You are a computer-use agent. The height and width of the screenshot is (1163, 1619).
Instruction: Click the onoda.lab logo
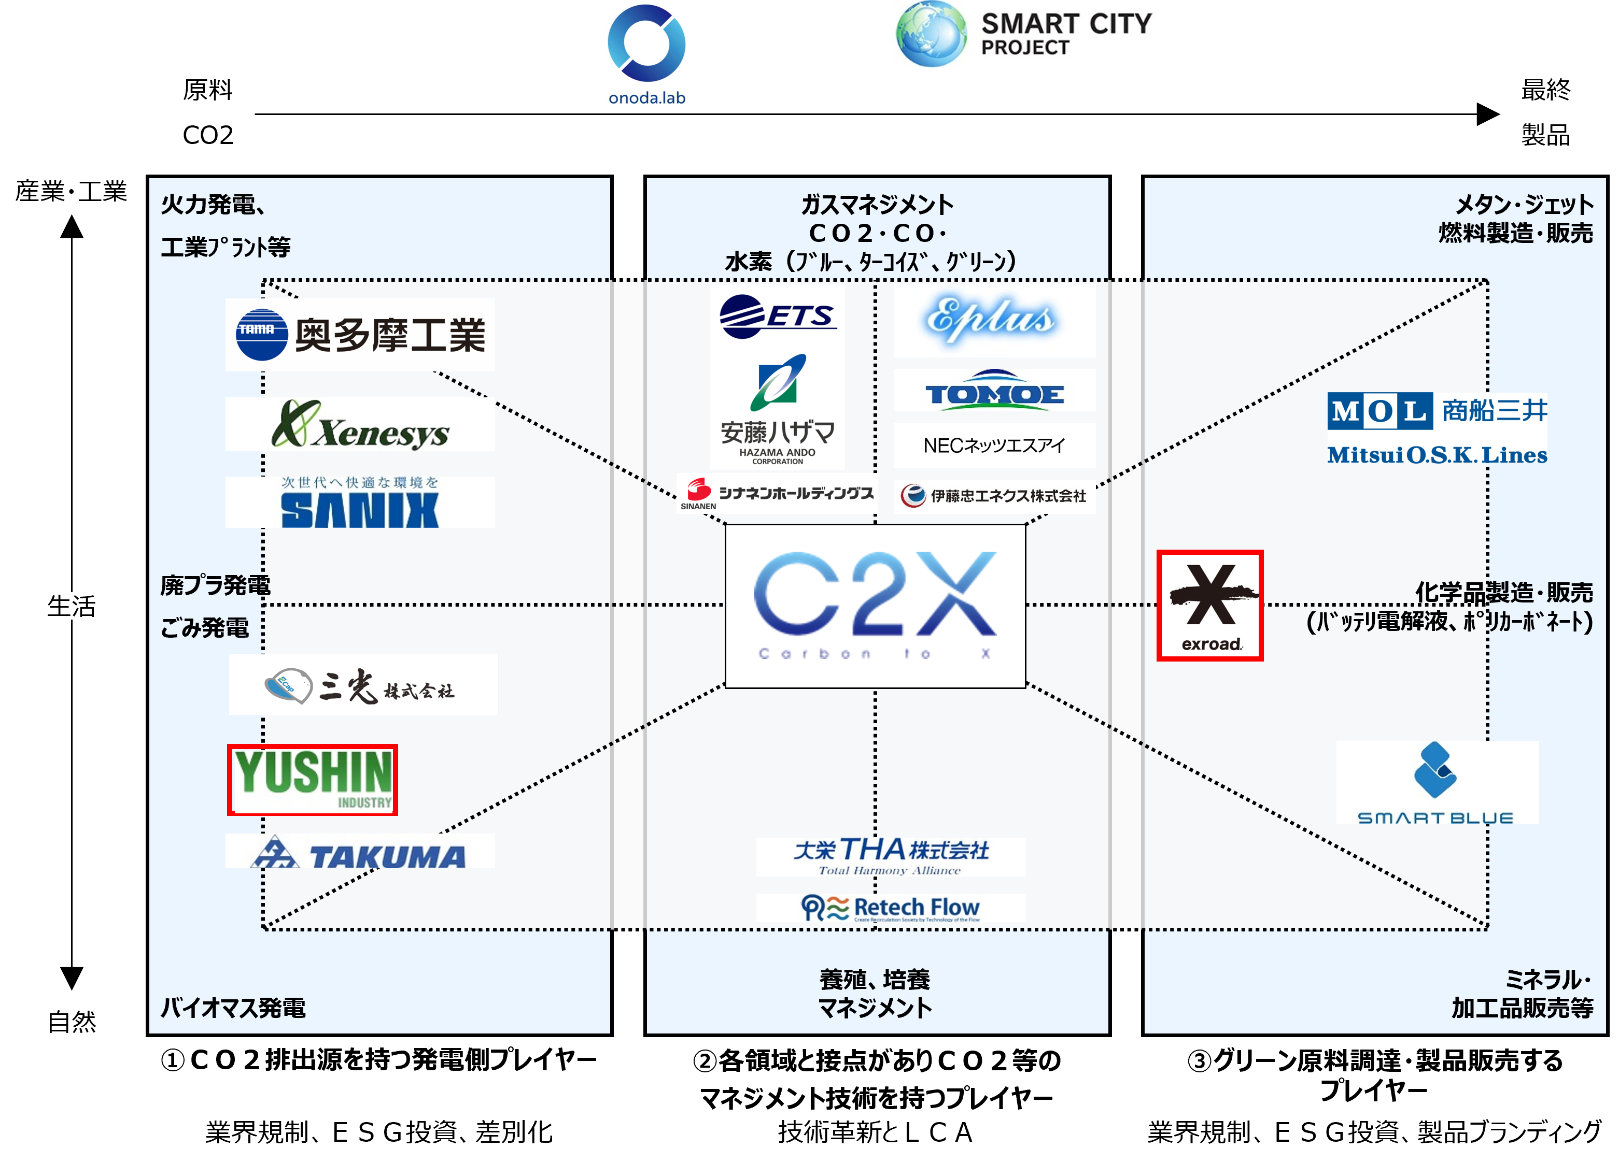coord(647,55)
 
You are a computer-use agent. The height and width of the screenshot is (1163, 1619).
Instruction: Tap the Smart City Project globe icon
coord(931,34)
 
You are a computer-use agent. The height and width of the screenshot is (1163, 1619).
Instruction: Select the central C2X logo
coord(875,606)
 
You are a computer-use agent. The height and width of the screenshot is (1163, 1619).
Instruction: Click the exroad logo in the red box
coord(1210,606)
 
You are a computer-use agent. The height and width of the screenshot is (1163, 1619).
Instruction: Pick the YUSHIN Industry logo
coord(313,780)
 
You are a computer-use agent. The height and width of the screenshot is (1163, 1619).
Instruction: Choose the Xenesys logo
coord(360,425)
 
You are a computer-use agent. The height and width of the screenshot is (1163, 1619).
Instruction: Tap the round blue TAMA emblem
coord(261,335)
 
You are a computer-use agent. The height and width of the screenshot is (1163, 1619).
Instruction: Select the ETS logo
coord(778,315)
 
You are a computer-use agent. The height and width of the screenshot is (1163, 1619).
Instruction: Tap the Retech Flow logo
coord(891,908)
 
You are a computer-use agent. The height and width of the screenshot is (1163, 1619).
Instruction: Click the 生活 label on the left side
coord(72,606)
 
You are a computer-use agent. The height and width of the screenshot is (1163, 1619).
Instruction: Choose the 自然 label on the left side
coord(72,1021)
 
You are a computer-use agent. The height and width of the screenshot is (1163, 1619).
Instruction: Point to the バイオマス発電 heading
coord(233,1008)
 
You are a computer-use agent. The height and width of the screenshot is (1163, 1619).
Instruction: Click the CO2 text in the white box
coord(208,135)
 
